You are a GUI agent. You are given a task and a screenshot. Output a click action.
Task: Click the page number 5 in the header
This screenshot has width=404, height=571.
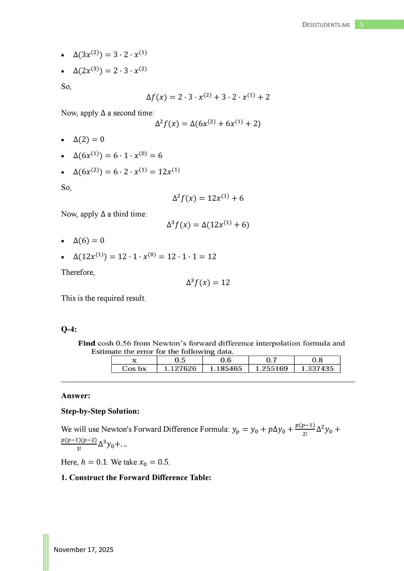pyautogui.click(x=362, y=25)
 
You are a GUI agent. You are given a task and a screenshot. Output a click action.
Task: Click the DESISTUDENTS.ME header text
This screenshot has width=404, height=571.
pyautogui.click(x=326, y=25)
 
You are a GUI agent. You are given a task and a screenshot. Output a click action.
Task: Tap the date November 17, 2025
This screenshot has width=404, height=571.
pyautogui.click(x=83, y=550)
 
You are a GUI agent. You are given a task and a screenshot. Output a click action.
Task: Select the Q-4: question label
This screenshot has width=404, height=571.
pyautogui.click(x=69, y=329)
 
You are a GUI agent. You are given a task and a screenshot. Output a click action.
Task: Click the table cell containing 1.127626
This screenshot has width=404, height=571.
pyautogui.click(x=180, y=369)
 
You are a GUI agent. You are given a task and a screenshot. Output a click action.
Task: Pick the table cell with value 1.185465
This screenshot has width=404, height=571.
pyautogui.click(x=226, y=369)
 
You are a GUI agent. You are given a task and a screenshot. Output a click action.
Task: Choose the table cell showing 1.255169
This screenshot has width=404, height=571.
pyautogui.click(x=272, y=369)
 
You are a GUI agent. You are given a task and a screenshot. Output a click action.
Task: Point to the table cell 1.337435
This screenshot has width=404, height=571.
pyautogui.click(x=317, y=369)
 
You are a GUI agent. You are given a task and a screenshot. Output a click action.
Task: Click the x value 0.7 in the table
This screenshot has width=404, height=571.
pyautogui.click(x=272, y=360)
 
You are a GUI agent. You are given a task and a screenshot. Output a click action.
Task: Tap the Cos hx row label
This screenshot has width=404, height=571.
pyautogui.click(x=134, y=369)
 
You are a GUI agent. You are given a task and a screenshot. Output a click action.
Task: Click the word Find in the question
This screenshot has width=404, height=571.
pyautogui.click(x=87, y=343)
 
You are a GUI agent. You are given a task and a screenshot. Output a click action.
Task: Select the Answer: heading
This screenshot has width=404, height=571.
pyautogui.click(x=76, y=396)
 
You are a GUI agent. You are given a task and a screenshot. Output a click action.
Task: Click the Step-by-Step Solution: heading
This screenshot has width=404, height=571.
pyautogui.click(x=100, y=411)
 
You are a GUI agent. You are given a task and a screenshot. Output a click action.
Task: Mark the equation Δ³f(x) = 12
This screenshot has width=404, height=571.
pyautogui.click(x=208, y=282)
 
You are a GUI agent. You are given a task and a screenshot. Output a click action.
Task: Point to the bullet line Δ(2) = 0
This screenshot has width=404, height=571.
pyautogui.click(x=89, y=139)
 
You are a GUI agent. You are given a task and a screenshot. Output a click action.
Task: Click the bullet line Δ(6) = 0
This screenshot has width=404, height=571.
pyautogui.click(x=89, y=241)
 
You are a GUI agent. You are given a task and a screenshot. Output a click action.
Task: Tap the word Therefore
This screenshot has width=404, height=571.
pyautogui.click(x=78, y=272)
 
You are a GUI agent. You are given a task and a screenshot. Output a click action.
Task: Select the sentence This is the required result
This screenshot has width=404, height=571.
pyautogui.click(x=104, y=298)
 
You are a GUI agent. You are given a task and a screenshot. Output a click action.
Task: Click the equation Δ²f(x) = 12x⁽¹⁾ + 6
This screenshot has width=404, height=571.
pyautogui.click(x=208, y=198)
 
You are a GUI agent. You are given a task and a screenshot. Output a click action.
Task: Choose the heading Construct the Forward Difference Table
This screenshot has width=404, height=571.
pyautogui.click(x=140, y=478)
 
